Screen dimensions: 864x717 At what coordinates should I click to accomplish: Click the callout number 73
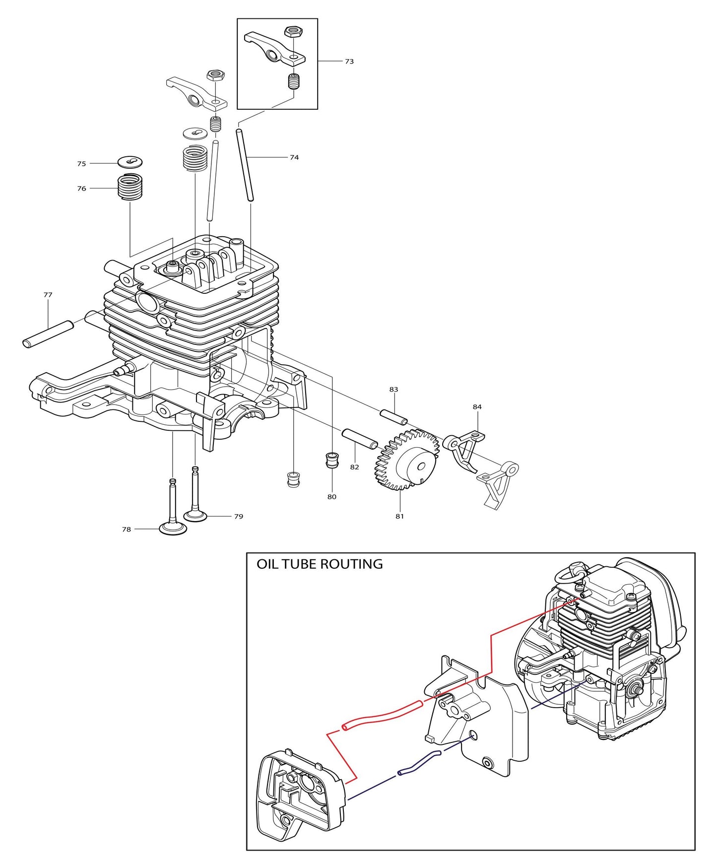349,62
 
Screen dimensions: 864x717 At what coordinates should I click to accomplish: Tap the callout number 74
294,157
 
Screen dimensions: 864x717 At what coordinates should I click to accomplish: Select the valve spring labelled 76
130,188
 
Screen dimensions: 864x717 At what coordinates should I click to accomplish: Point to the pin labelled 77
48,334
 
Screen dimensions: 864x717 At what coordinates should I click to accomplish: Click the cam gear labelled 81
406,459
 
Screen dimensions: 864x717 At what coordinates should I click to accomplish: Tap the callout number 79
239,517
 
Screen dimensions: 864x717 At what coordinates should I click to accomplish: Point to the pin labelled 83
394,417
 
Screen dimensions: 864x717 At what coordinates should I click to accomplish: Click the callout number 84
477,407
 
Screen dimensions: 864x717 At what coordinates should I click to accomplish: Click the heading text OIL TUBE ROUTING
320,564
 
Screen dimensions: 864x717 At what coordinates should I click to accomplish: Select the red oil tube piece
382,715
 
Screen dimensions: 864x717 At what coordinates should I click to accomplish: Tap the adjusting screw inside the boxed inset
295,81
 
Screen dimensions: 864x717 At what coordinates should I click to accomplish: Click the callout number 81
399,516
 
